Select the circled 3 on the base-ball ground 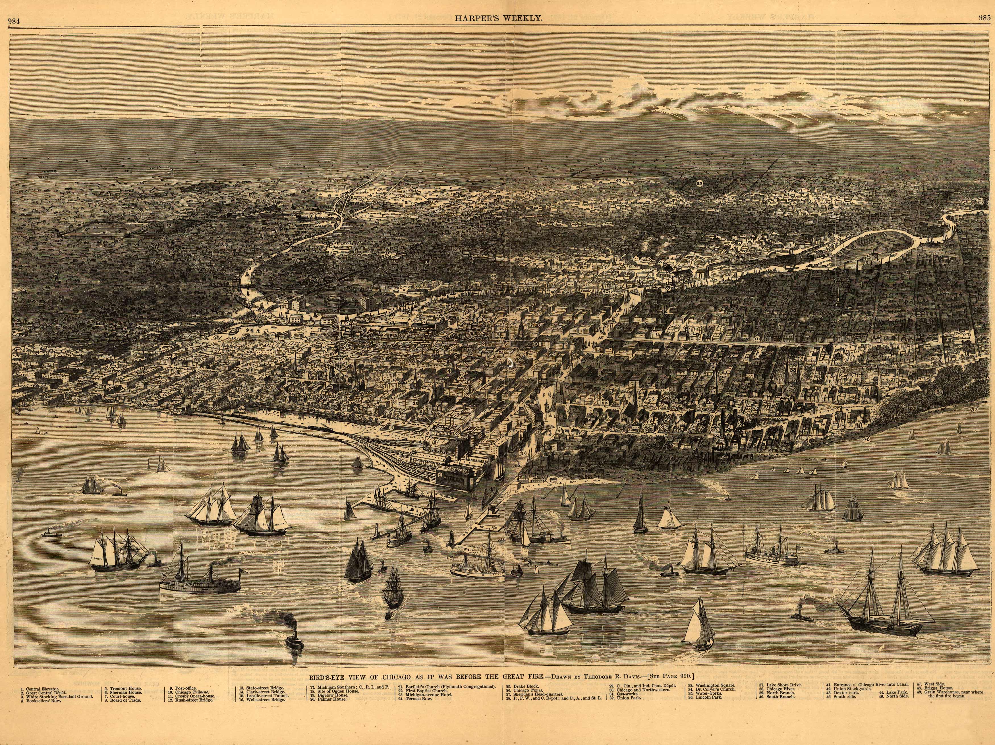pyautogui.click(x=391, y=427)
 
